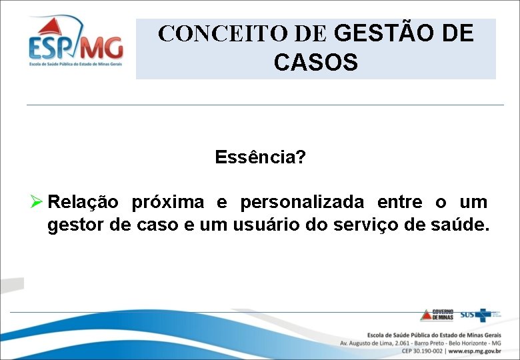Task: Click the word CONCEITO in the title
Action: click(207, 33)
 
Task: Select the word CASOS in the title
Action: click(316, 63)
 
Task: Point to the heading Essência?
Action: click(260, 157)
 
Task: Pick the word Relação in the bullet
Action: click(83, 201)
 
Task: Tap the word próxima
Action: click(168, 201)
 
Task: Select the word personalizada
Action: click(302, 201)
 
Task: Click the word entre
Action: click(399, 201)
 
